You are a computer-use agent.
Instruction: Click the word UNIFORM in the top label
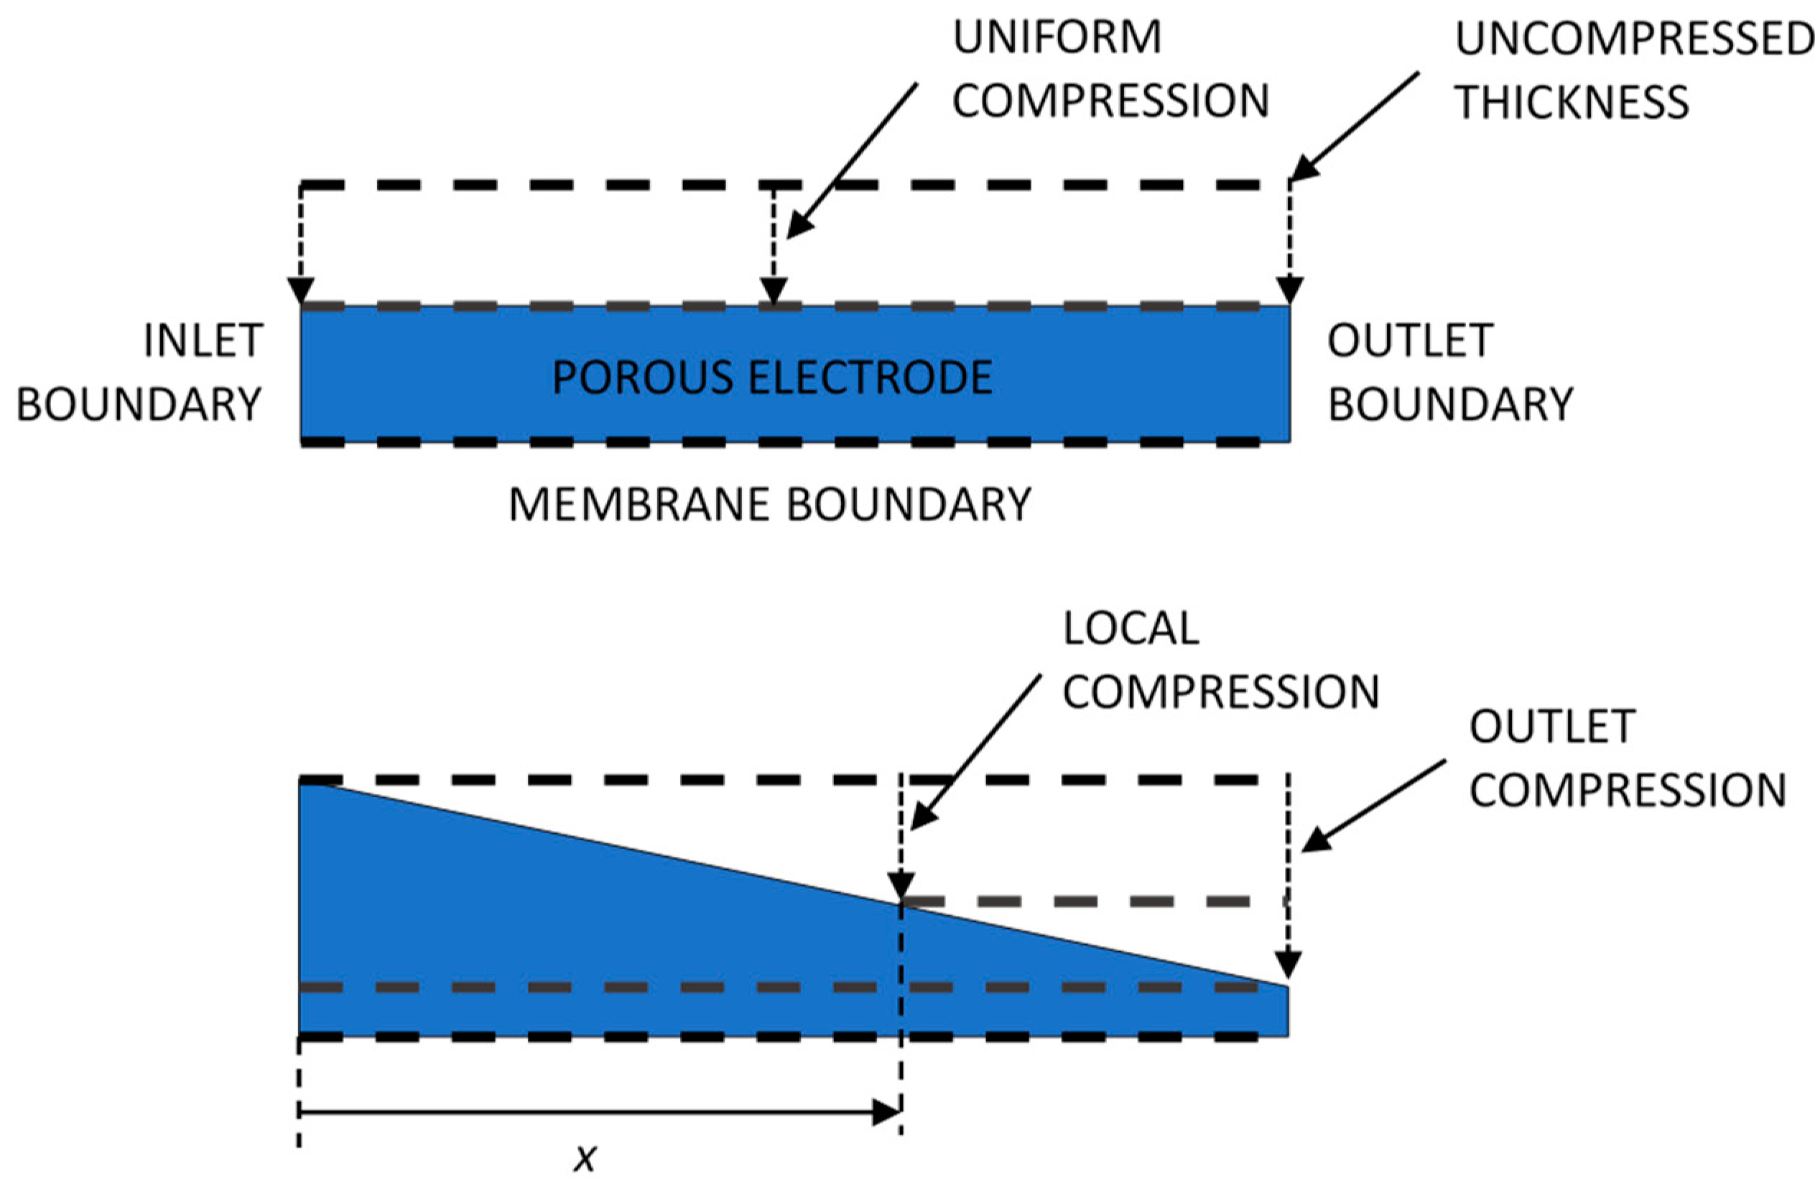point(1057,37)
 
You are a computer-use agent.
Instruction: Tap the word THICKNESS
point(1572,102)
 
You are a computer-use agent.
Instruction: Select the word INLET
point(203,340)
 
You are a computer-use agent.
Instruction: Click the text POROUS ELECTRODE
point(772,377)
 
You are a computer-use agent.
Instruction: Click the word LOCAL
point(1131,629)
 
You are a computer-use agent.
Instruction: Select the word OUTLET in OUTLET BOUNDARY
point(1410,340)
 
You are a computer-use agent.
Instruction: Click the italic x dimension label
point(585,1157)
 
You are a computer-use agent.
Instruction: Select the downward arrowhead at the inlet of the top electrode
point(300,291)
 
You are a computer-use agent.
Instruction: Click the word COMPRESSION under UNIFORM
point(1110,101)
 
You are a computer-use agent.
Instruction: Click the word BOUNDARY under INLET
point(139,405)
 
